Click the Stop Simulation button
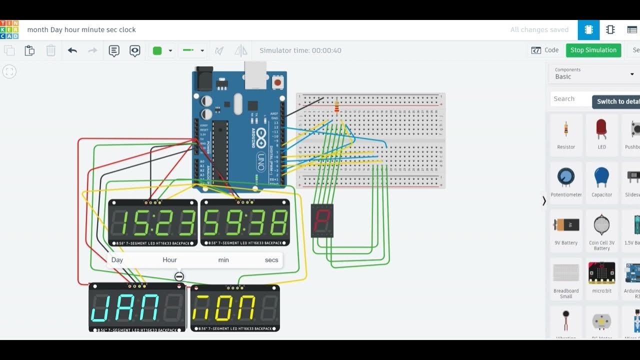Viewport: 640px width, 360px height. pyautogui.click(x=593, y=50)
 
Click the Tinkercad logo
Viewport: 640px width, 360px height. pyautogui.click(x=9, y=29)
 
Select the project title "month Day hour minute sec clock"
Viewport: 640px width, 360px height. pyautogui.click(x=81, y=29)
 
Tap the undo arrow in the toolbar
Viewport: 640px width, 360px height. pyautogui.click(x=72, y=50)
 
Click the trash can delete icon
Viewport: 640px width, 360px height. pyautogui.click(x=51, y=50)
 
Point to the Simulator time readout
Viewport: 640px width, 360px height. pyautogui.click(x=300, y=50)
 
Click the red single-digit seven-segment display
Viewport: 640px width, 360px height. pyautogui.click(x=322, y=220)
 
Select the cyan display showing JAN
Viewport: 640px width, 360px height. pyautogui.click(x=137, y=307)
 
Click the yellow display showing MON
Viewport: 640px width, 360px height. pyautogui.click(x=235, y=307)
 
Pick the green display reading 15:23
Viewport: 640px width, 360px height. pyautogui.click(x=152, y=223)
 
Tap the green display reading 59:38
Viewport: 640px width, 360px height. pyautogui.click(x=245, y=223)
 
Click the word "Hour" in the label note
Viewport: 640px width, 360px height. pyautogui.click(x=169, y=260)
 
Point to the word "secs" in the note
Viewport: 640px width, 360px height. pyautogui.click(x=271, y=260)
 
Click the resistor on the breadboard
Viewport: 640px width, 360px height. pyautogui.click(x=336, y=106)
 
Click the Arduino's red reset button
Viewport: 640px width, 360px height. pyautogui.click(x=278, y=80)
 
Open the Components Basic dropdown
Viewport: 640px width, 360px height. pyautogui.click(x=593, y=73)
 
